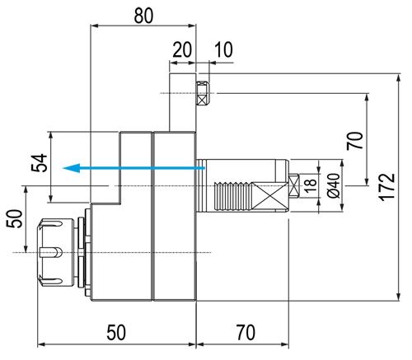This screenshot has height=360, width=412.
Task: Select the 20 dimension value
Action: point(181,50)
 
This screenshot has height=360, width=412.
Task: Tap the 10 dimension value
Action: point(222,50)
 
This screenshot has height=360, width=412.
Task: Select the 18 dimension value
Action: point(310,185)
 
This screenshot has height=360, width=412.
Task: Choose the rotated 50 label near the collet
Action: point(14,219)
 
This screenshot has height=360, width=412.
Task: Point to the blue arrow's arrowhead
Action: point(73,168)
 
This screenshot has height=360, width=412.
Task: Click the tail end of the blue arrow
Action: point(203,168)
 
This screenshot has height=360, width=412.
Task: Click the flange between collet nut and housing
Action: point(86,252)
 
